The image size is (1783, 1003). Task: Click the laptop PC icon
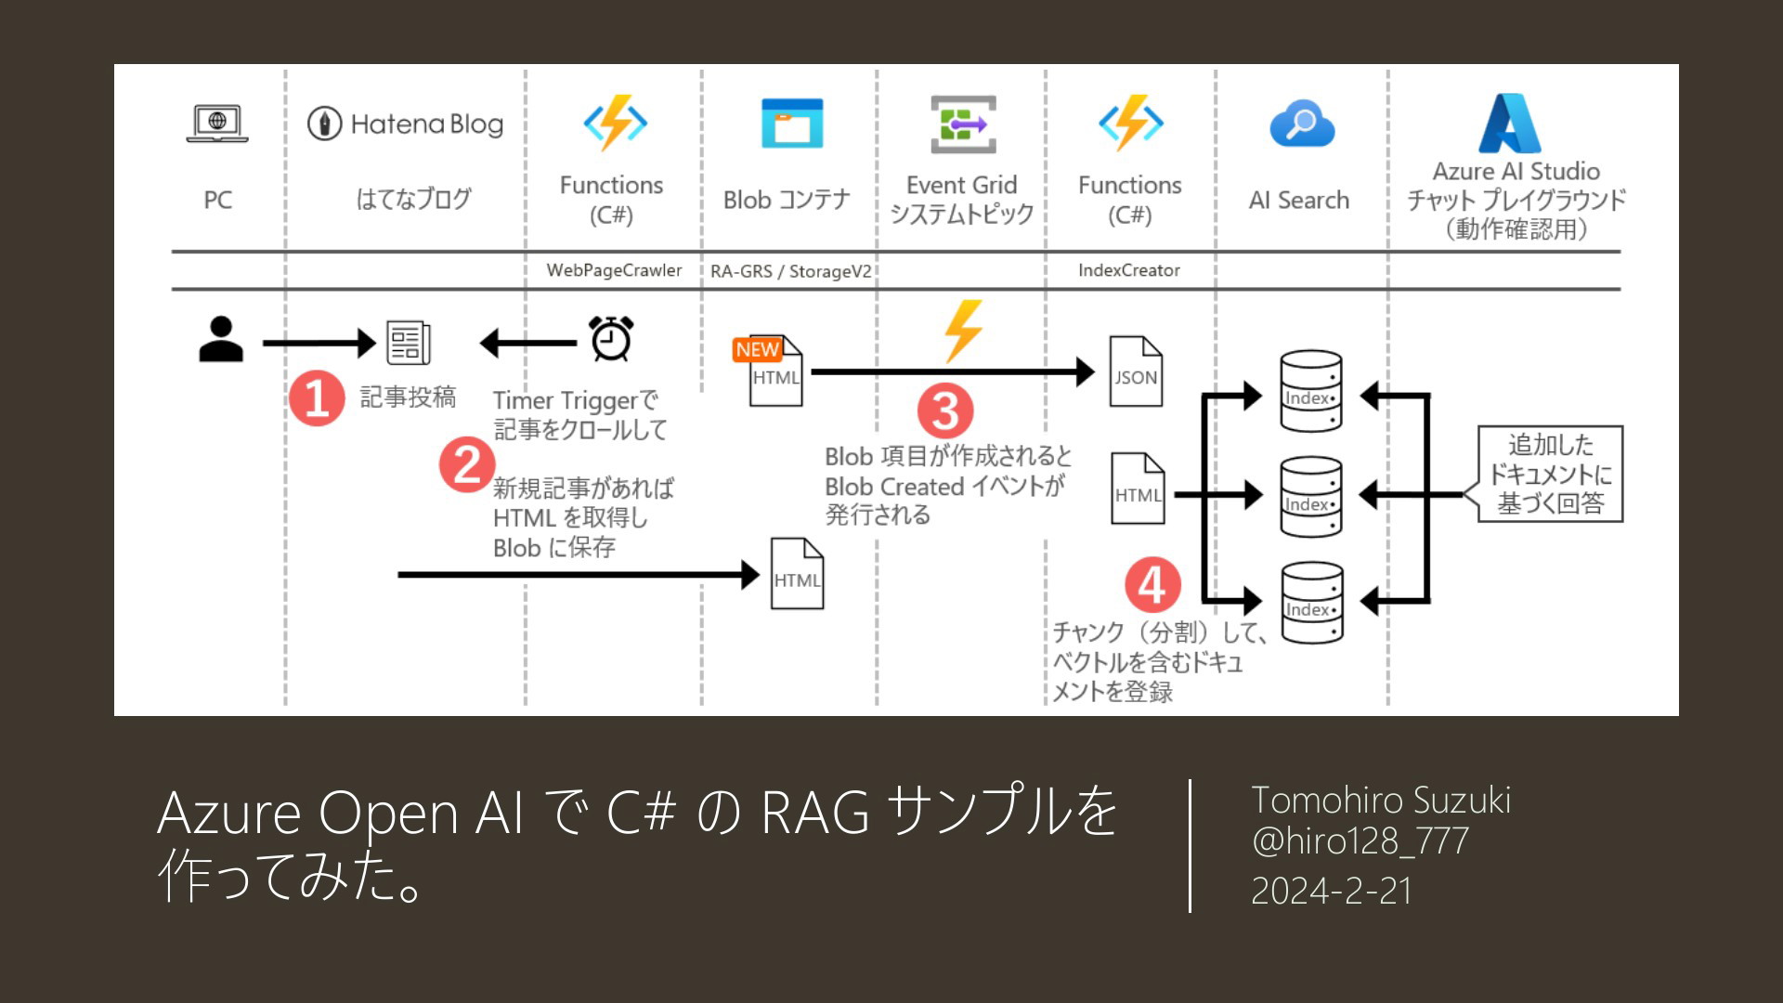point(217,124)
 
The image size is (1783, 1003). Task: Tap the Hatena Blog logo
point(406,124)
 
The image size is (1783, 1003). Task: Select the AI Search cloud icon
point(1302,124)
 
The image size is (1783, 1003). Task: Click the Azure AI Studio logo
point(1510,123)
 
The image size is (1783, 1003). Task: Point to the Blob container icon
point(792,124)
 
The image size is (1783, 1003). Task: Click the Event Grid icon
point(963,124)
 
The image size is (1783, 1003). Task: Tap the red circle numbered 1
point(317,398)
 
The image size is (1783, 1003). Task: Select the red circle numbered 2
point(467,464)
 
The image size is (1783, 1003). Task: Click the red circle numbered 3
point(945,411)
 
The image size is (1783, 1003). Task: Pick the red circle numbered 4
point(1152,585)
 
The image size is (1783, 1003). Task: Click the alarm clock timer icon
point(611,338)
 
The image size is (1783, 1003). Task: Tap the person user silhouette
point(221,339)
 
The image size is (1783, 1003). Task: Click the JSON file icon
point(1136,371)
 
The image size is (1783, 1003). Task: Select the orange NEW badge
point(757,349)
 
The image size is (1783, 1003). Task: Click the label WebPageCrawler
point(614,270)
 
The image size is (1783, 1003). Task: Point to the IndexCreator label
point(1129,270)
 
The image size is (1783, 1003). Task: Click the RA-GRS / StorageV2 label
point(791,271)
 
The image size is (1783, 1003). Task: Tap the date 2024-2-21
point(1331,891)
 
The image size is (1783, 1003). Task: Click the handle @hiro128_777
point(1360,841)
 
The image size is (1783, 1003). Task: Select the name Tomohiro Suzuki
point(1381,800)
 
